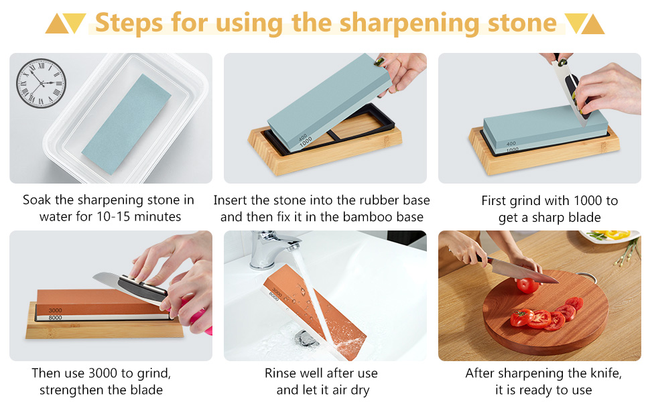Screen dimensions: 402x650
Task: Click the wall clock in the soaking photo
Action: [41, 82]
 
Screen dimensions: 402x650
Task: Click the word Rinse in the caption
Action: [281, 373]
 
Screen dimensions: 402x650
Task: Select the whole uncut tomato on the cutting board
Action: [527, 286]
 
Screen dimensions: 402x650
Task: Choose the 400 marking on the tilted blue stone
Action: [303, 137]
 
